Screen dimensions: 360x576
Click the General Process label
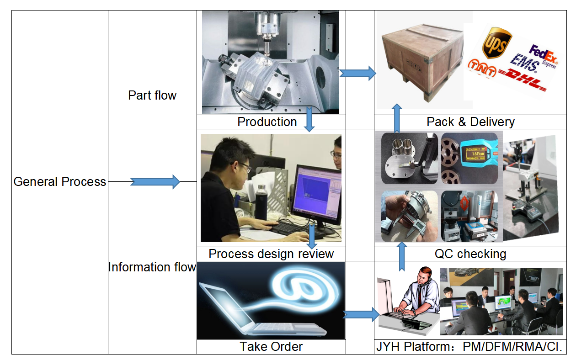click(60, 182)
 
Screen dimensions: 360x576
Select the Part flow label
click(152, 95)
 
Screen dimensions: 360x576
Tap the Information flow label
click(152, 267)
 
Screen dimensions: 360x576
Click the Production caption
click(267, 122)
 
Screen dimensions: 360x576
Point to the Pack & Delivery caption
click(470, 122)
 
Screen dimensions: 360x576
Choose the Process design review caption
click(271, 254)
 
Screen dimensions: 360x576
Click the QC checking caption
click(470, 254)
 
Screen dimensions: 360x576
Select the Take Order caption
click(271, 347)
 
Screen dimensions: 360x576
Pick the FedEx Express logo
click(543, 55)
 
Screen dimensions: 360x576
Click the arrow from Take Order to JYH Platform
click(361, 314)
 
